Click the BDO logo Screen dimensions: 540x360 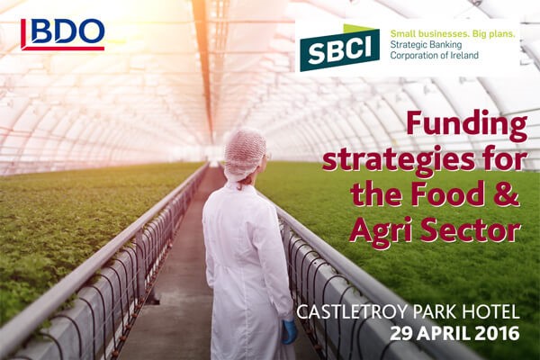pyautogui.click(x=63, y=34)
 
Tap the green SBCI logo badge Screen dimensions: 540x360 pyautogui.click(x=339, y=48)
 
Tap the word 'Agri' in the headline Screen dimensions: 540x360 pyautogui.click(x=380, y=230)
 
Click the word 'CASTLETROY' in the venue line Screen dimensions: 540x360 pyautogui.click(x=353, y=312)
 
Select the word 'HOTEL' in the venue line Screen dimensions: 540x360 pyautogui.click(x=490, y=312)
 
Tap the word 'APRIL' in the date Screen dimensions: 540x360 pyautogui.click(x=444, y=334)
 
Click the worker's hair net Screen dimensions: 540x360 pyautogui.click(x=245, y=154)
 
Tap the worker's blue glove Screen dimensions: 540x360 pyautogui.click(x=289, y=332)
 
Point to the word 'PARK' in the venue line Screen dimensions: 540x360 pyautogui.click(x=435, y=312)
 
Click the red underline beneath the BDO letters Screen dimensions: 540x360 pyautogui.click(x=63, y=49)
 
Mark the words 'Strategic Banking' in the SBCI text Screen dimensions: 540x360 pyautogui.click(x=426, y=45)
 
